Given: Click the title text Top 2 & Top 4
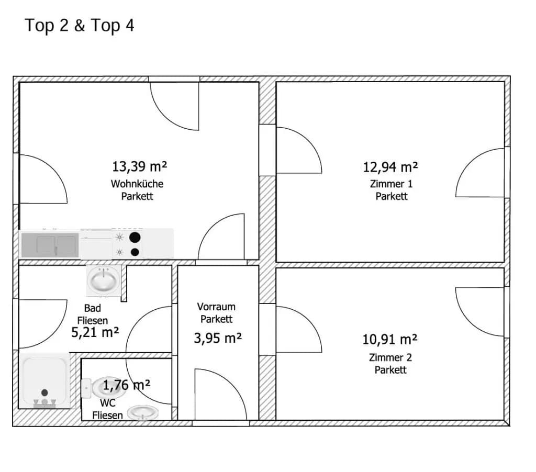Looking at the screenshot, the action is point(80,26).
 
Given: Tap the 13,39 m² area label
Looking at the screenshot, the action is point(139,166).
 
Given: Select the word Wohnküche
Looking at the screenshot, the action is point(137,184).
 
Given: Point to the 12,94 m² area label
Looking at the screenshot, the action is point(390,167).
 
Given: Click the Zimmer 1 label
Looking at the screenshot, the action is point(391,184).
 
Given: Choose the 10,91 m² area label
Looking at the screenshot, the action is point(389,340).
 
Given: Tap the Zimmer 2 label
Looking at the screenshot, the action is point(390,357).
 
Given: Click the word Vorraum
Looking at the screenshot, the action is point(216,307).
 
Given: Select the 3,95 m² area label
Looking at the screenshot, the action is point(218,338).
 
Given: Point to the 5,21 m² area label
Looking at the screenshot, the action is point(95,332).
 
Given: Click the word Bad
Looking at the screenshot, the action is point(92,308).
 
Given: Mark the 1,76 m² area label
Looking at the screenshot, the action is point(127,385).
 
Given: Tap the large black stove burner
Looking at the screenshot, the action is point(135,237).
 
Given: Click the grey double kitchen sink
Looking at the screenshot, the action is point(50,245).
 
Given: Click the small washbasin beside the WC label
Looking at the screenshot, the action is point(143,412).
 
